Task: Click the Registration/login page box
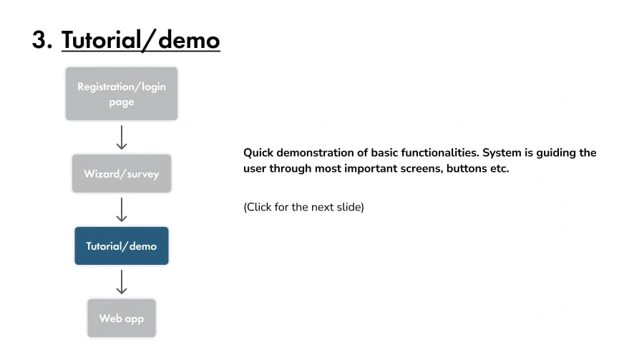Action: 122,94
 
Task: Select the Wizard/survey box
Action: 122,174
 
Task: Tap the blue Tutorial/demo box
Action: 122,245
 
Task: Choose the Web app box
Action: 122,318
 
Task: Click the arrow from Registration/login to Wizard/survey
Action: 122,137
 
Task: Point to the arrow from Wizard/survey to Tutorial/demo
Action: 122,210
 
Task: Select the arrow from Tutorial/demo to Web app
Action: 122,282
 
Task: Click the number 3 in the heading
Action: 39,40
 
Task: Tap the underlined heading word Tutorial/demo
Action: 140,40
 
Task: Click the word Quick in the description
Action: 258,153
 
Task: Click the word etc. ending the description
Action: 499,169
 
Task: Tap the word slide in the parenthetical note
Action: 349,207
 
